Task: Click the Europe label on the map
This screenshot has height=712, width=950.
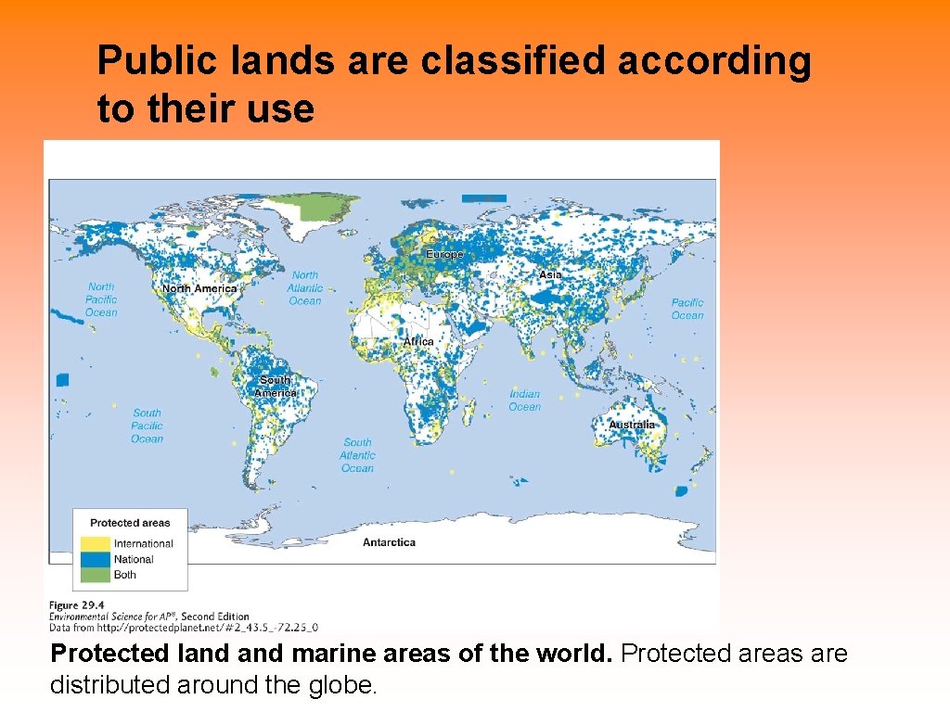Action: [x=444, y=254]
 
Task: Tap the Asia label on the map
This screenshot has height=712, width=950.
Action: [x=550, y=275]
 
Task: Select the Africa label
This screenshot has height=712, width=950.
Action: [x=418, y=341]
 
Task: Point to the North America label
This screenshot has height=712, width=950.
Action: [x=199, y=288]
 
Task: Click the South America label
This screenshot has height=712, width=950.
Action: [x=276, y=387]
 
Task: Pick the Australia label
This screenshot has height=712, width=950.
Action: [x=631, y=425]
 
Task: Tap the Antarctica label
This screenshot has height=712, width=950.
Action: [x=389, y=542]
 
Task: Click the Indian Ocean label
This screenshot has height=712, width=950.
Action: [x=524, y=400]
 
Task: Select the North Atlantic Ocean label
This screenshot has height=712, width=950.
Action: [x=304, y=287]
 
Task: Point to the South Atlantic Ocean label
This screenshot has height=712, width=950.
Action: [x=357, y=455]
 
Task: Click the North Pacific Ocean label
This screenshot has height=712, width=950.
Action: [x=101, y=299]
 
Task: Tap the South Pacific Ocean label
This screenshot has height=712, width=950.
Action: [x=147, y=426]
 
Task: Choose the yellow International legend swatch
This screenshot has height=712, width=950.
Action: [x=95, y=543]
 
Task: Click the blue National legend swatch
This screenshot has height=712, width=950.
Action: [x=95, y=559]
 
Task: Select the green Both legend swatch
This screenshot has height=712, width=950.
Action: [x=95, y=575]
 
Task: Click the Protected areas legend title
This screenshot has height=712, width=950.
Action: [x=130, y=523]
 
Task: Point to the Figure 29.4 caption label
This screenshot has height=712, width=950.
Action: [x=78, y=606]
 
